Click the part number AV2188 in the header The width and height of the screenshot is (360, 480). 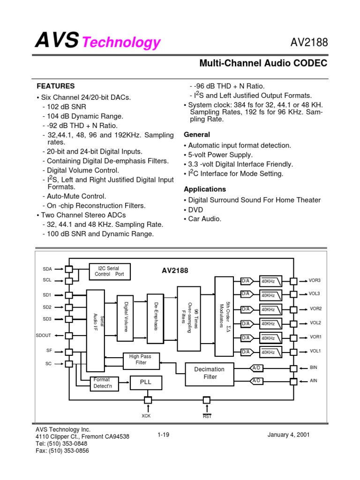(x=309, y=43)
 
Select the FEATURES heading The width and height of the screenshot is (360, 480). (x=56, y=86)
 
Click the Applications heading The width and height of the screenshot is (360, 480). (x=205, y=189)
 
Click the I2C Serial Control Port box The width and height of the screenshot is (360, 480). (x=110, y=271)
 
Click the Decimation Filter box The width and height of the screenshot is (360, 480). (x=210, y=373)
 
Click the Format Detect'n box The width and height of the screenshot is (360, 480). (x=103, y=382)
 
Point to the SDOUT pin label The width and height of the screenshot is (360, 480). (x=44, y=336)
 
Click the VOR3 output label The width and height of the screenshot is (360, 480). (x=315, y=281)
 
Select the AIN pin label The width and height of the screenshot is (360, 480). (x=314, y=381)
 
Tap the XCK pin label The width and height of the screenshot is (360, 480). (x=147, y=416)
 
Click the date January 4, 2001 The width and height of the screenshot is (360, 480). (x=288, y=435)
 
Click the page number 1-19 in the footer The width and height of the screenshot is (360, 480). (x=163, y=435)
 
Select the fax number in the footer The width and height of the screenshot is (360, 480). (x=62, y=451)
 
